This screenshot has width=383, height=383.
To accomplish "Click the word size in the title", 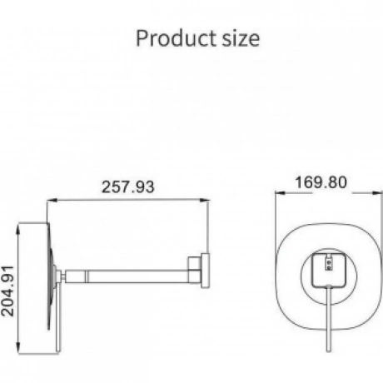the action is [241, 39].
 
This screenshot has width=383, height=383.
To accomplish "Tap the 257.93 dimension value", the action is [127, 187].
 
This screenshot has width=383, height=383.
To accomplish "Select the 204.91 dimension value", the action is [7, 291].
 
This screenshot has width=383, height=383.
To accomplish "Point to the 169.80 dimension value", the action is [321, 182].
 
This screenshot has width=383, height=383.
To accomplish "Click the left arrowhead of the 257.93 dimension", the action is [52, 200].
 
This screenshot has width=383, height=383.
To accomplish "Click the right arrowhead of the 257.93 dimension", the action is [204, 200].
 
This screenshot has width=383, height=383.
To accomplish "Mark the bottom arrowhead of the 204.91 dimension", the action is [18, 347].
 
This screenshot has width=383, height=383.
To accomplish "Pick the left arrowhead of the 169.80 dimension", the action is [281, 193].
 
